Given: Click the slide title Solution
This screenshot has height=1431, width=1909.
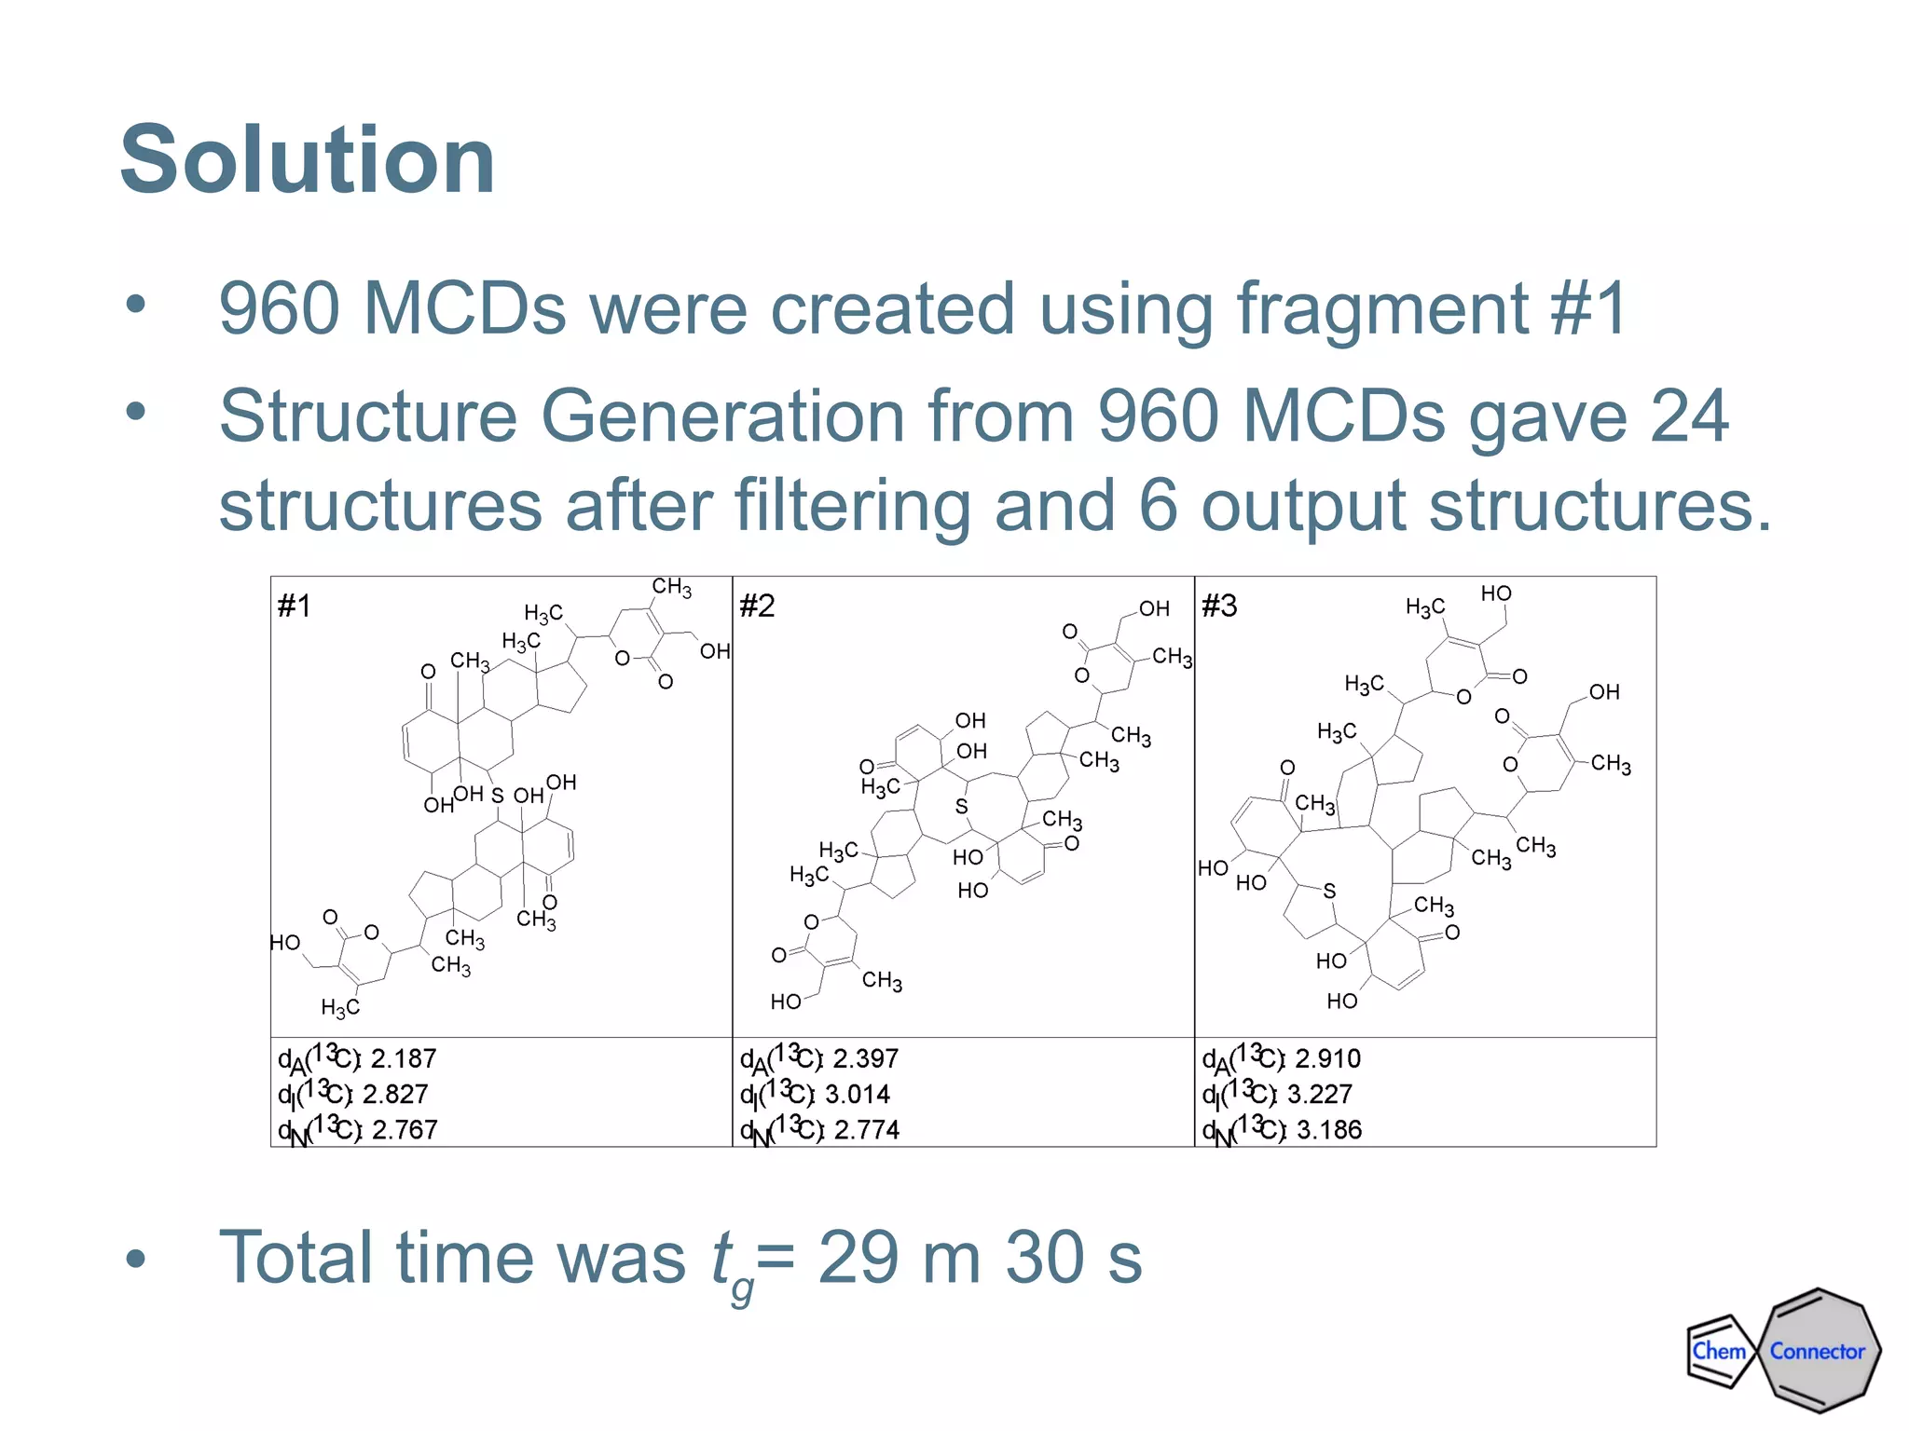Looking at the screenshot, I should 308,160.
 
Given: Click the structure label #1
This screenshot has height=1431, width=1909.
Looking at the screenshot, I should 295,606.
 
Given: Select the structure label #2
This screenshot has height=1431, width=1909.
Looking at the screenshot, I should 757,606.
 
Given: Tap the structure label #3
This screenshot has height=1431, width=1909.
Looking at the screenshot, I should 1219,606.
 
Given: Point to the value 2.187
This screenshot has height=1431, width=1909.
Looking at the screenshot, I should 404,1059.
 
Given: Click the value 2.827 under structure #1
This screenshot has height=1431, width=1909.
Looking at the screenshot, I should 395,1095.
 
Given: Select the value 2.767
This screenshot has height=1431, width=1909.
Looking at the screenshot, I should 405,1130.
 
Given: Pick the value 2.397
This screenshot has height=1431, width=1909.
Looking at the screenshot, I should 866,1059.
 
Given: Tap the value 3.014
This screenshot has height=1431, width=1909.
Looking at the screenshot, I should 858,1095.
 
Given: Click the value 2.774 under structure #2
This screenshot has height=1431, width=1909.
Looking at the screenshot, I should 867,1130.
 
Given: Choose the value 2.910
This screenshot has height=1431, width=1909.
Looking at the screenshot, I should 1328,1059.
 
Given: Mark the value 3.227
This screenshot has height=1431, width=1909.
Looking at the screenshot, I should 1320,1095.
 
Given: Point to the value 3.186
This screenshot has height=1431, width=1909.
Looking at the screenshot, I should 1329,1130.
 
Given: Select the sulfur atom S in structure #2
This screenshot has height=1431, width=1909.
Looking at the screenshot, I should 961,807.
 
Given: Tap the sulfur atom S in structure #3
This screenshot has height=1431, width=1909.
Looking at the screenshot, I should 1330,892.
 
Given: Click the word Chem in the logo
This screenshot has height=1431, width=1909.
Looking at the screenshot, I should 1719,1351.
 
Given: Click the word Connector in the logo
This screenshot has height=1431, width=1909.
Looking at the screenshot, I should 1818,1352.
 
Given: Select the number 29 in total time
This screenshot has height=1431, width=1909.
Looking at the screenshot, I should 858,1258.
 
